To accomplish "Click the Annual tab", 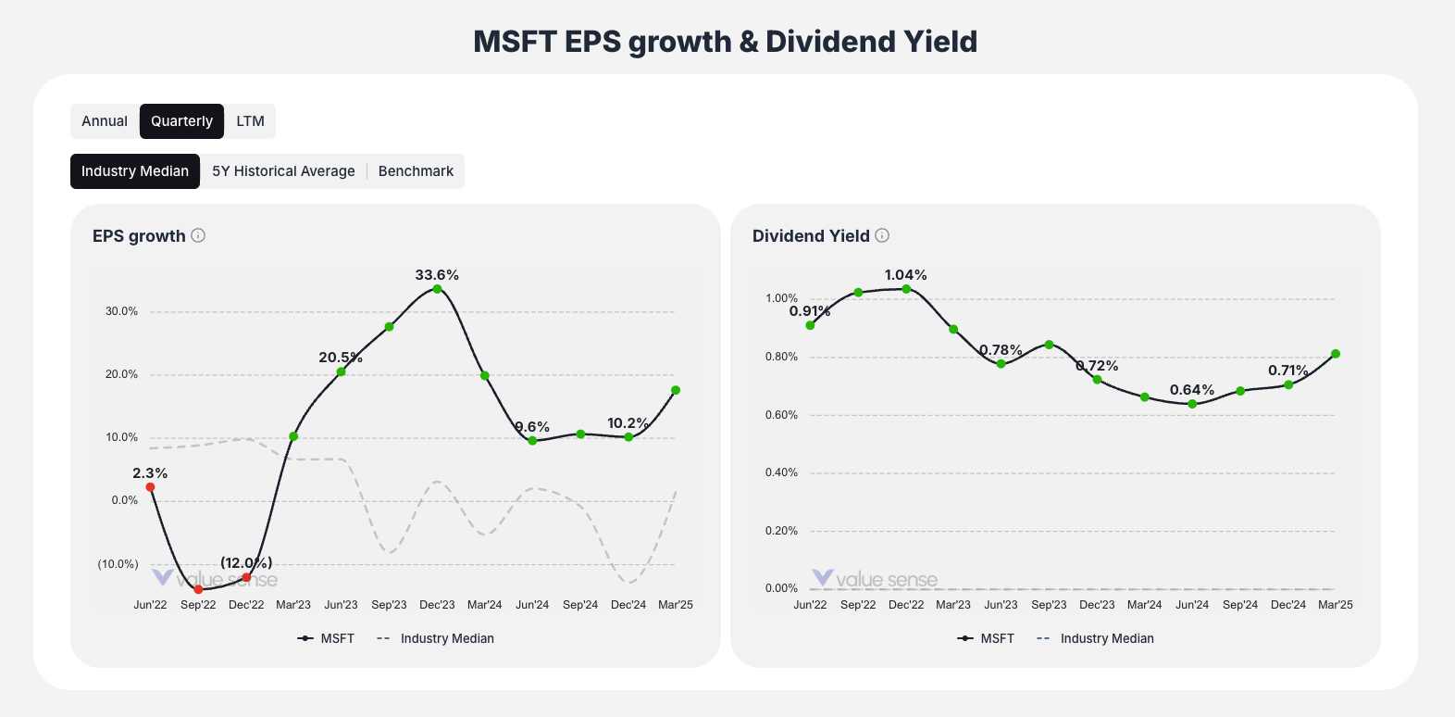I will pos(105,121).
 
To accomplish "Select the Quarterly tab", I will pos(181,121).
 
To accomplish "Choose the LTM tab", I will pos(250,121).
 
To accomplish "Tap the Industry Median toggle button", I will pos(135,171).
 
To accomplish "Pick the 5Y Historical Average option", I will pos(283,171).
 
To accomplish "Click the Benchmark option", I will pos(416,171).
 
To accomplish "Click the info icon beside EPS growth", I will pos(198,235).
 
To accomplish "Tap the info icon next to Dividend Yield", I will pos(882,235).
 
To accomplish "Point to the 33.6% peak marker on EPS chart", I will pos(437,289).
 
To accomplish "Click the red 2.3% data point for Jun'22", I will pos(150,487).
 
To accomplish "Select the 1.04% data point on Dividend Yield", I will pos(906,289).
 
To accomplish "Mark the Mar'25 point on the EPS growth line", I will pos(676,390).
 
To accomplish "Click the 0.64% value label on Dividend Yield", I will pos(1192,390).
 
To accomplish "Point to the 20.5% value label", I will pos(341,358).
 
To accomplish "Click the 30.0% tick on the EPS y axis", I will pos(121,311).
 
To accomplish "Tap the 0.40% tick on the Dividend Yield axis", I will pos(781,472).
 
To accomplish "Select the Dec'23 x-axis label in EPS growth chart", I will pos(437,605).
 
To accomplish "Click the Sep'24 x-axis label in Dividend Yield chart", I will pos(1240,605).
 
